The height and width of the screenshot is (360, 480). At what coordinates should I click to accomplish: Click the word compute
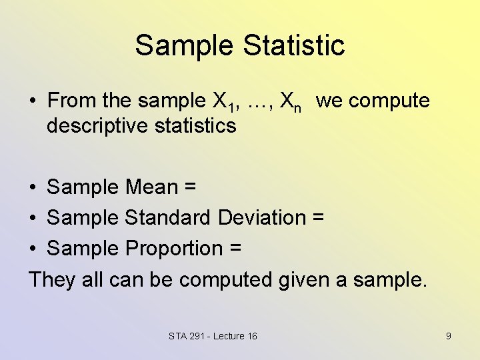(x=389, y=101)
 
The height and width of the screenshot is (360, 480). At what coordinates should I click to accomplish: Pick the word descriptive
(x=96, y=125)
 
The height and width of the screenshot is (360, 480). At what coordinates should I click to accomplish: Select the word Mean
(x=151, y=187)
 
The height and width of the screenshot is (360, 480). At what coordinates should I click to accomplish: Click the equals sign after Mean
(x=189, y=187)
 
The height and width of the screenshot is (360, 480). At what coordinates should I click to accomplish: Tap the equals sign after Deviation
(x=318, y=218)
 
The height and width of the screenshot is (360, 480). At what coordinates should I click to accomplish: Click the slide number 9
(x=448, y=336)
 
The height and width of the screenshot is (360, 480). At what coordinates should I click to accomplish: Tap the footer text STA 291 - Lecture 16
(x=213, y=336)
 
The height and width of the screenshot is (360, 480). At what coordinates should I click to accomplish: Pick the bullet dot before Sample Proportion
(x=32, y=249)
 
